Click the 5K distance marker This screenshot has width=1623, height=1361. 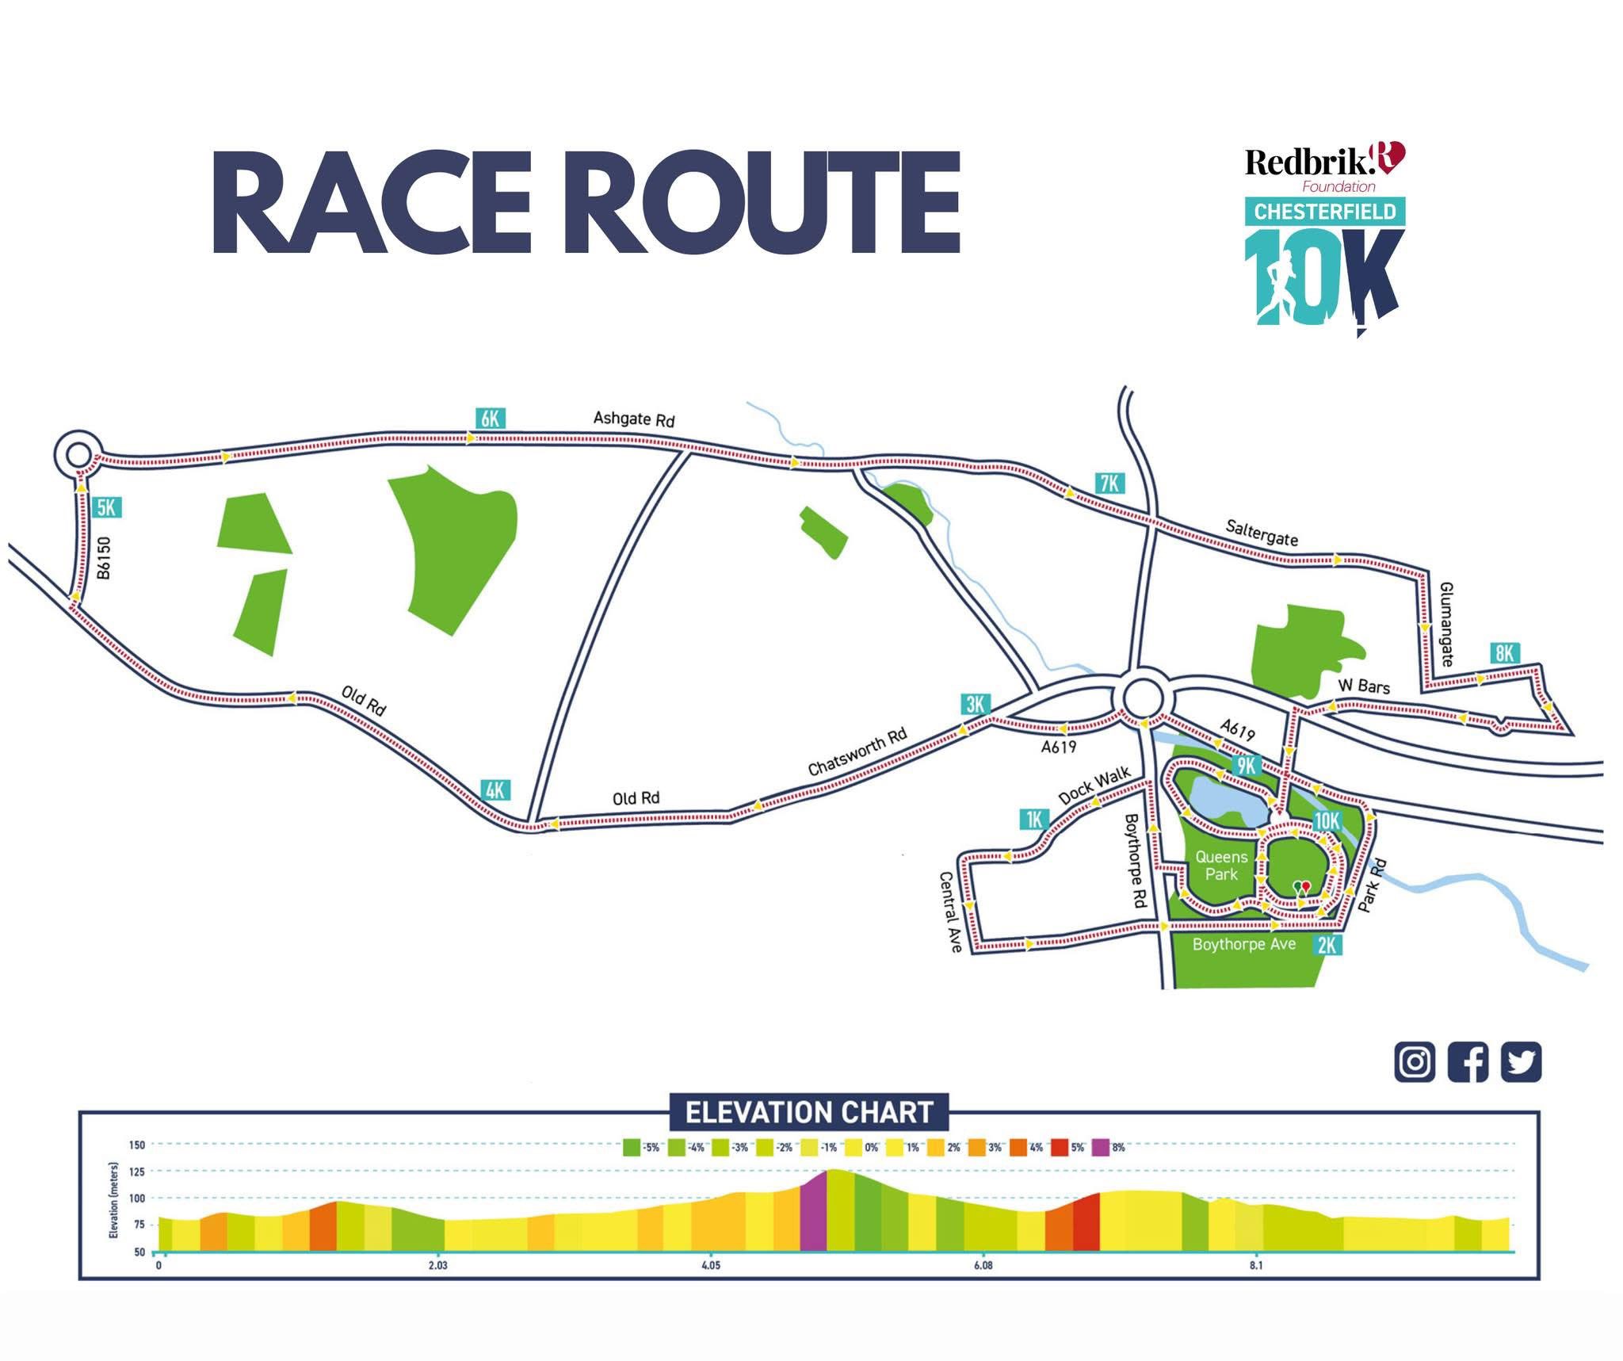[x=106, y=507]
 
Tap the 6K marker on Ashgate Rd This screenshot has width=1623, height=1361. [x=491, y=418]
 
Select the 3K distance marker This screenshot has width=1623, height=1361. [x=975, y=704]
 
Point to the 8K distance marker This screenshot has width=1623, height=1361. [x=1504, y=653]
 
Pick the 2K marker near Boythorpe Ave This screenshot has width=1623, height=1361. [x=1327, y=946]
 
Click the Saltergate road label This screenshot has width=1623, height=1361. [x=1262, y=533]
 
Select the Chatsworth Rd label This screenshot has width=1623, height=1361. [x=857, y=752]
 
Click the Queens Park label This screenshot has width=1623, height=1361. [x=1221, y=866]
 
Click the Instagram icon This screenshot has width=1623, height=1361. [x=1415, y=1062]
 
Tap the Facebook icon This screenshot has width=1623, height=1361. [x=1468, y=1062]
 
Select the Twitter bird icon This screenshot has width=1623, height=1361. [x=1521, y=1062]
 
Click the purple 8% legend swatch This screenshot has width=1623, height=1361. [x=1100, y=1147]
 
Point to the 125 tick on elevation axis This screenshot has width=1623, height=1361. [x=136, y=1171]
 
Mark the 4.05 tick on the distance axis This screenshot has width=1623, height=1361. [x=710, y=1266]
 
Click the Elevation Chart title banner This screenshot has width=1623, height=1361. [x=808, y=1113]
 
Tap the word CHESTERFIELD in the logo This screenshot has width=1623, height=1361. [x=1324, y=212]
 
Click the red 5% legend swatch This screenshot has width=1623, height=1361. [x=1058, y=1147]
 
